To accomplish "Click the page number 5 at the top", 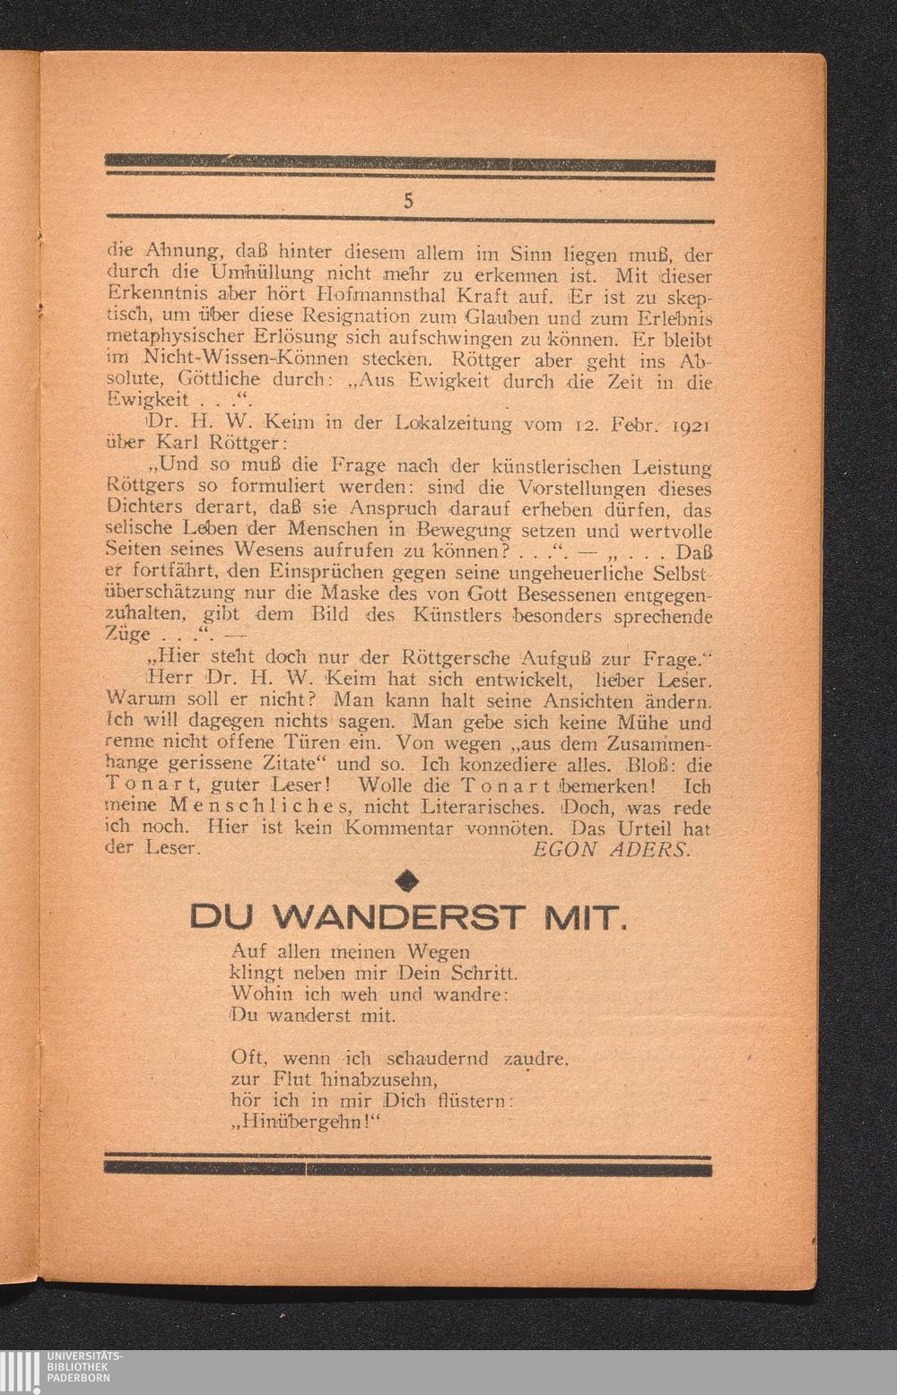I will (x=408, y=202).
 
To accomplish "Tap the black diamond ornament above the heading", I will (x=408, y=881).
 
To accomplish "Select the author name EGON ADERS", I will (x=612, y=848).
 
